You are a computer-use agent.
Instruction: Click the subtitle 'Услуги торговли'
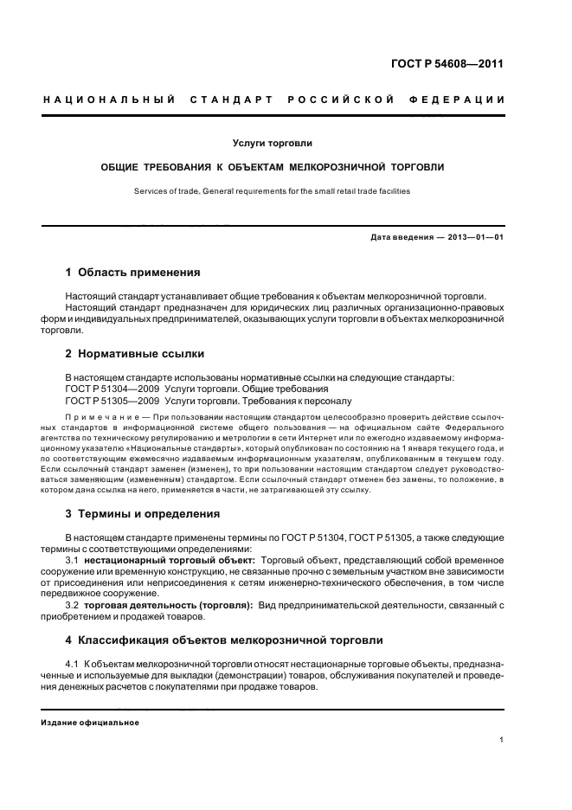[272, 142]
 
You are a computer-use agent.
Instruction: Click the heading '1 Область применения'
[132, 272]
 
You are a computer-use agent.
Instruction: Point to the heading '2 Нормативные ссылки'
[131, 353]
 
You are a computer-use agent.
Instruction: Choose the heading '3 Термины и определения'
[143, 513]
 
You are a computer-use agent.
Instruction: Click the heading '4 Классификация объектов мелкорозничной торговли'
[223, 640]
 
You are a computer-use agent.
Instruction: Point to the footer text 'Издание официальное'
[90, 722]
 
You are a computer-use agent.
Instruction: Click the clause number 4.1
[74, 663]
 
